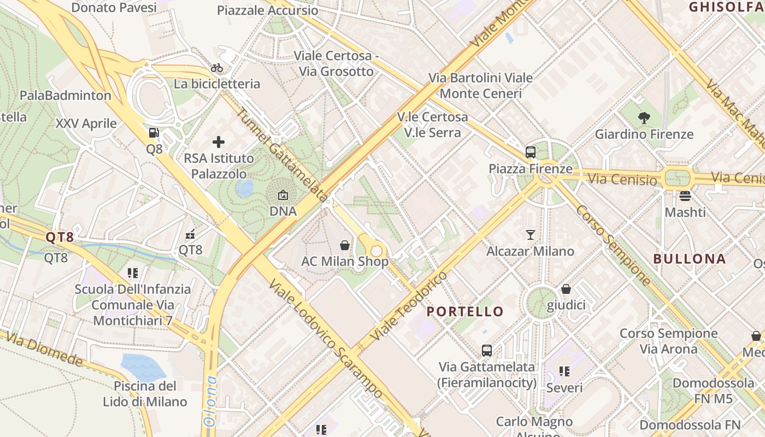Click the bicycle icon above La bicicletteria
click(217, 68)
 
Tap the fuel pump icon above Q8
click(154, 133)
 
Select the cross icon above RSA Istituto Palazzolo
click(219, 143)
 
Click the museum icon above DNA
click(283, 195)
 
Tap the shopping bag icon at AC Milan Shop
click(345, 245)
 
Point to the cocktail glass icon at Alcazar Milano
click(530, 235)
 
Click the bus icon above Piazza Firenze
click(530, 152)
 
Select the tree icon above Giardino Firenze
click(644, 117)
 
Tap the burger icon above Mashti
click(685, 196)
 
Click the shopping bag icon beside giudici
click(566, 289)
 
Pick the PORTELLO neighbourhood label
click(465, 312)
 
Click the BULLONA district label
click(689, 259)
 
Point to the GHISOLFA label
click(726, 7)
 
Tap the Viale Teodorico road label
click(409, 306)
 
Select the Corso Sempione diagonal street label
click(613, 245)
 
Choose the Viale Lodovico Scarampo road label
click(326, 339)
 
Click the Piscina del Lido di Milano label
click(145, 394)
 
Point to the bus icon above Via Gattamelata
click(486, 351)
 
